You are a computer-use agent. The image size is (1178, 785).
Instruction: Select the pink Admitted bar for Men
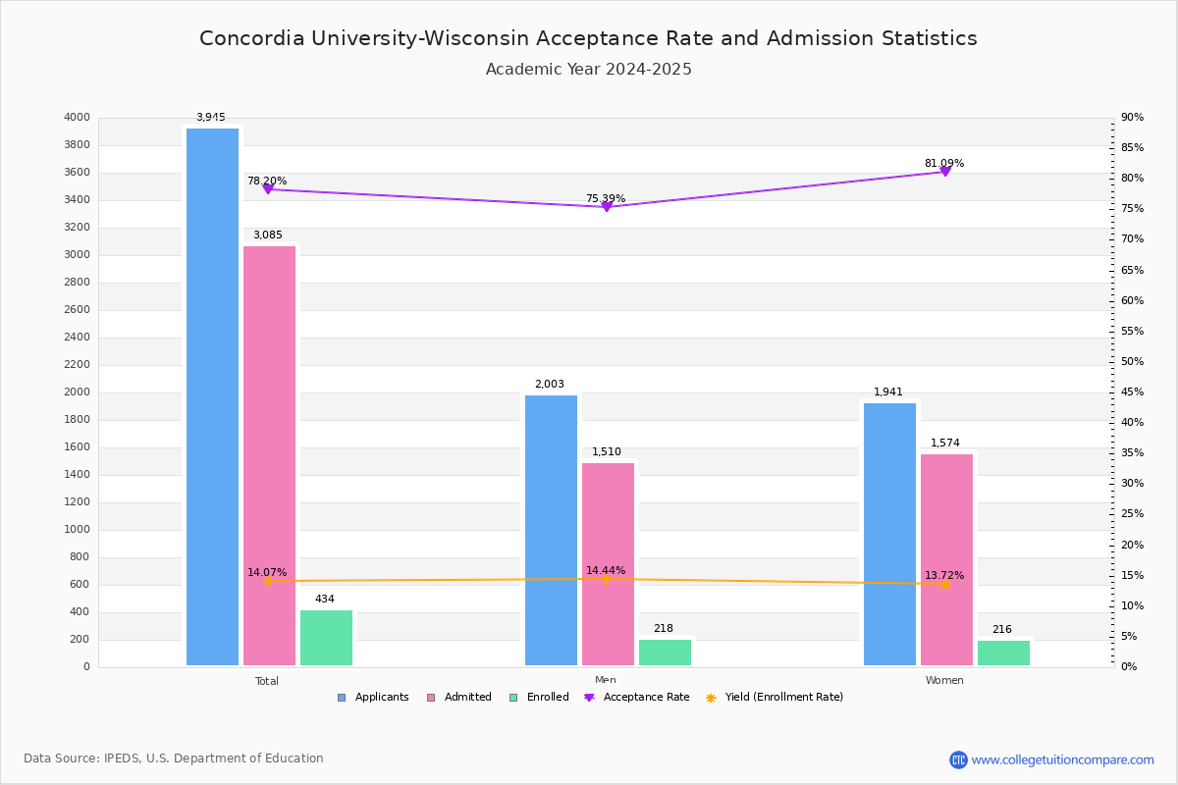[x=608, y=564]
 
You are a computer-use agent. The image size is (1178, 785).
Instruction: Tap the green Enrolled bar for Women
[x=1003, y=653]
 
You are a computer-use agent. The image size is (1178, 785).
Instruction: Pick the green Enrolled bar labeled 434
[x=326, y=638]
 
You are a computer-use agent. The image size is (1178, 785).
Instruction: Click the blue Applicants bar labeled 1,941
[x=889, y=534]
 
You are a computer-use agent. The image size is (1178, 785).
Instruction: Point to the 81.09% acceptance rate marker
[x=945, y=171]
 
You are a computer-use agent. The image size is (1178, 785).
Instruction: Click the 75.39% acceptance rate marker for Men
[x=606, y=206]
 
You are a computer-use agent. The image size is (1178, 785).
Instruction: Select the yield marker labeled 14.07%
[x=267, y=581]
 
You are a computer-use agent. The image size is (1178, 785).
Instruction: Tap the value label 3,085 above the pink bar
[x=267, y=235]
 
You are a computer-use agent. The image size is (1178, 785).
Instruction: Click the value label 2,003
[x=549, y=385]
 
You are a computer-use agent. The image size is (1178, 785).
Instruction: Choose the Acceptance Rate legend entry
[x=637, y=698]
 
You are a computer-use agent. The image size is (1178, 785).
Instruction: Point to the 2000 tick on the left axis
[x=78, y=392]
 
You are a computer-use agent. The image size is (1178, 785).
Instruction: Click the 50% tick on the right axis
[x=1133, y=362]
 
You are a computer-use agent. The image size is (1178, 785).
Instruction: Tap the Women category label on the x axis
[x=944, y=681]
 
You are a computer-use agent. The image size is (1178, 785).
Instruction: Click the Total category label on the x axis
[x=267, y=681]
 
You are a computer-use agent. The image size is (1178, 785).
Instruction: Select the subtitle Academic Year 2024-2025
[x=588, y=70]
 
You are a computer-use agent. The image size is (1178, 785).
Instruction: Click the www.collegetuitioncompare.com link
[x=1062, y=759]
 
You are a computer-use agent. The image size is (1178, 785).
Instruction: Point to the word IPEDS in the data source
[x=122, y=759]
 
